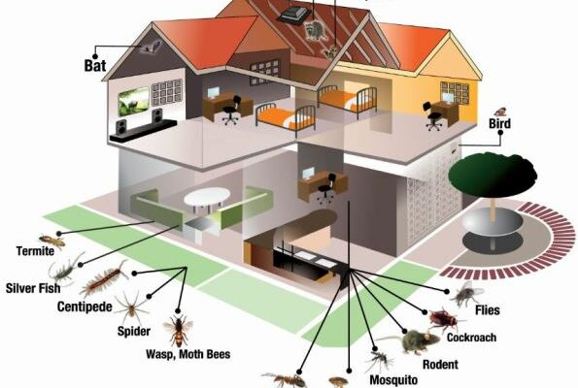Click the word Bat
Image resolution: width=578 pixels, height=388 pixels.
point(95,66)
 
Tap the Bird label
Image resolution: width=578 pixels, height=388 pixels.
point(500,123)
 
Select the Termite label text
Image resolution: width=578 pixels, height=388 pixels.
point(35,251)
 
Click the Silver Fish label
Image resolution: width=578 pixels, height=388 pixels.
point(33,288)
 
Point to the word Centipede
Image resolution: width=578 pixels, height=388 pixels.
point(85,307)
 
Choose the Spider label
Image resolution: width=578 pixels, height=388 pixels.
point(134,331)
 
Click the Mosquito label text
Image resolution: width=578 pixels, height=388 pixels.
point(393,379)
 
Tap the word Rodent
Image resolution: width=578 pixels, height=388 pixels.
point(440,365)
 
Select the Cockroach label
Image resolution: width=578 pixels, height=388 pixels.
point(471,338)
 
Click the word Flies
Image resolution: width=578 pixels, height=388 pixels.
point(488,310)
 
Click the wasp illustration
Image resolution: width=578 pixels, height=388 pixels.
point(179,330)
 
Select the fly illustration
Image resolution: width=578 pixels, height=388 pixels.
point(467,293)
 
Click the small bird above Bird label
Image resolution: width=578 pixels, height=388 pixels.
point(500,112)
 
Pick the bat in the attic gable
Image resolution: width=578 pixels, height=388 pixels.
point(151,47)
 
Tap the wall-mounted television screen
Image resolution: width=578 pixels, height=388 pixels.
point(133,101)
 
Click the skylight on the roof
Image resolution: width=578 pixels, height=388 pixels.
point(294,15)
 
